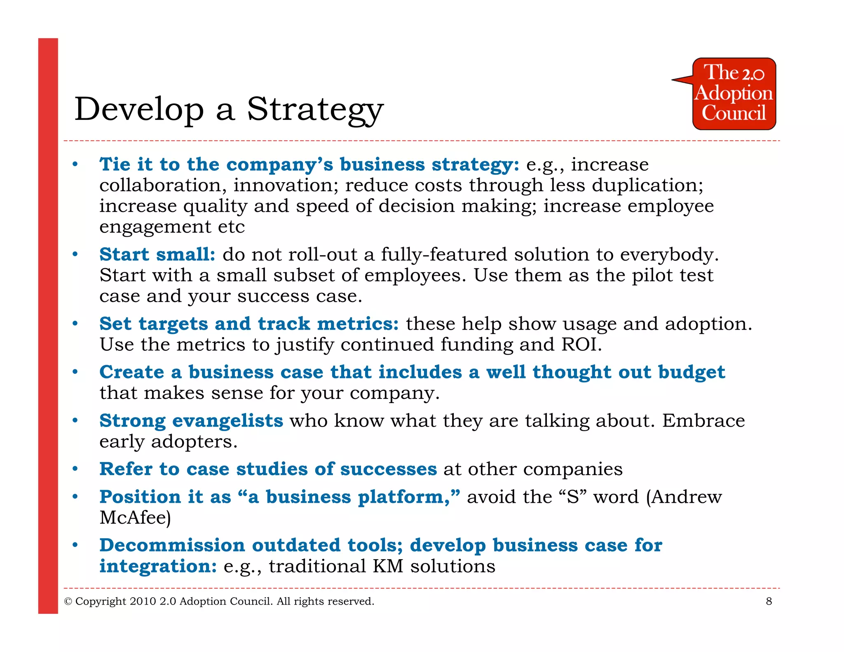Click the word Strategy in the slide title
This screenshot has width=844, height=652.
[315, 110]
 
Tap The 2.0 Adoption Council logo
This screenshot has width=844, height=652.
[734, 94]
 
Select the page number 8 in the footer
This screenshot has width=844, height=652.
[769, 601]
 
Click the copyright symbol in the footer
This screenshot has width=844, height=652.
[68, 602]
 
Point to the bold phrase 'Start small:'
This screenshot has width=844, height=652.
[157, 254]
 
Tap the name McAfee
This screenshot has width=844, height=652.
[135, 518]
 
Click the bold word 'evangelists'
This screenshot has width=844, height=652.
[227, 421]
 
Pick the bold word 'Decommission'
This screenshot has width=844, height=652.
[172, 545]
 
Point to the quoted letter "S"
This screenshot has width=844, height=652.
[573, 497]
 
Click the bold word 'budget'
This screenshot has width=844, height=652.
[691, 373]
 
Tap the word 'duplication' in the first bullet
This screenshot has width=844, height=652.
[647, 185]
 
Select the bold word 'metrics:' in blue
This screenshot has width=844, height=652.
[358, 324]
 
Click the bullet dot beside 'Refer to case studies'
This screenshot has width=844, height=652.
[75, 469]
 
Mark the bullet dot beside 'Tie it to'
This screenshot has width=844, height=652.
[75, 164]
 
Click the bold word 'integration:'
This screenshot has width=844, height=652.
[158, 566]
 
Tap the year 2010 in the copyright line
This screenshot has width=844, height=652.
[143, 602]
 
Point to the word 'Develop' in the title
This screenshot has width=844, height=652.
[139, 110]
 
